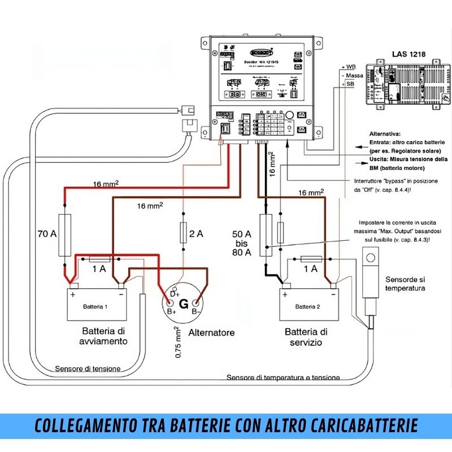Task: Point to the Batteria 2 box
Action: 308,306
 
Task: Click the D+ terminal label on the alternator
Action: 175,294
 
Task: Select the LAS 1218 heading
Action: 408,55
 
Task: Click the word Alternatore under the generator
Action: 211,333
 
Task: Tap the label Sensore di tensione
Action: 88,369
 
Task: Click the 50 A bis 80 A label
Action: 242,243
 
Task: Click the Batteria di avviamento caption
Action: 105,336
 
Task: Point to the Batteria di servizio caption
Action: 306,337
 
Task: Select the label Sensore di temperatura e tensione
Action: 283,377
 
